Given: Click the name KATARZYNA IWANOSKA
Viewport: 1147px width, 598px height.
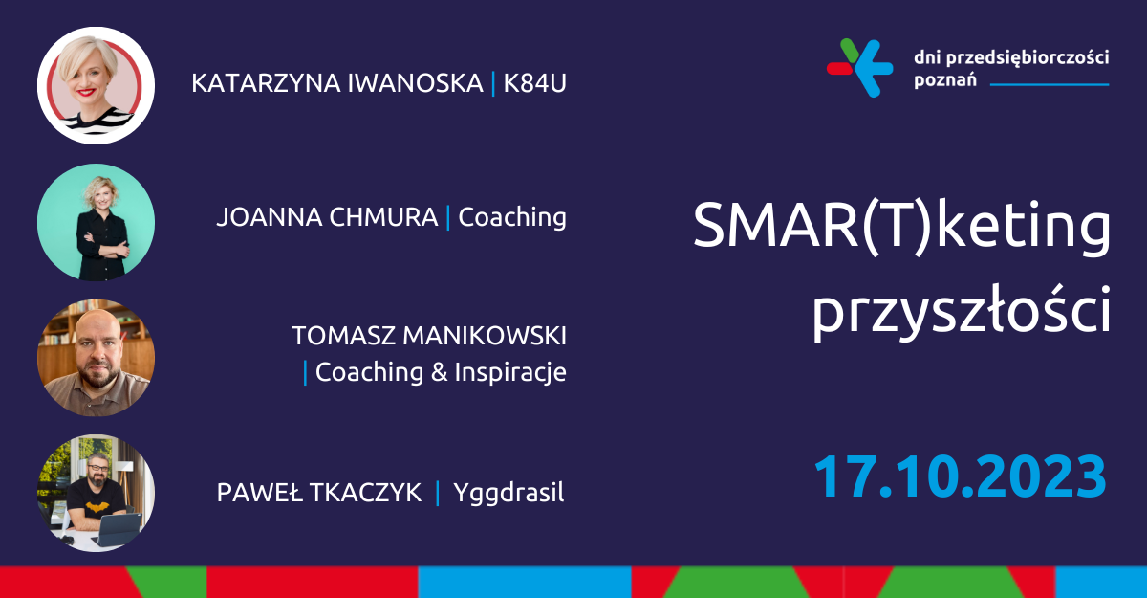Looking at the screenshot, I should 336,83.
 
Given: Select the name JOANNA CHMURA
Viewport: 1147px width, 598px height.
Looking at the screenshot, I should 328,217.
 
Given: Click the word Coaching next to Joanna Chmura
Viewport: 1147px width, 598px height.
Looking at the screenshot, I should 512,217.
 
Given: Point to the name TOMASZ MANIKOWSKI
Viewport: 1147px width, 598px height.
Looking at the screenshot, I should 429,336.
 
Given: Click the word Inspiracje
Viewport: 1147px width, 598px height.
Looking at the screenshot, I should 510,371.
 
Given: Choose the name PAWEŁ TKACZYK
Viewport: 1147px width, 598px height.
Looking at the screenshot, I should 319,493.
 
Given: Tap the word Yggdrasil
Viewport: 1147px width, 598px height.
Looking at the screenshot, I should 509,494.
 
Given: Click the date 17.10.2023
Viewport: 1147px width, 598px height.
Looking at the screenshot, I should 960,477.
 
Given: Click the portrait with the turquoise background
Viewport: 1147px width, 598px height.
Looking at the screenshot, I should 96,222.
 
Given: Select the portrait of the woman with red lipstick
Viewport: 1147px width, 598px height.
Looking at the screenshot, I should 96,85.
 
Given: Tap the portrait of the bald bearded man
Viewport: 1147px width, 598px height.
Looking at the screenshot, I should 96,358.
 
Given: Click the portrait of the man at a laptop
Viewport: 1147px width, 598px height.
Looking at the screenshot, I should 96,494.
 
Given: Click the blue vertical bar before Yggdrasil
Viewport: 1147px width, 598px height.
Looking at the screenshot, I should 438,493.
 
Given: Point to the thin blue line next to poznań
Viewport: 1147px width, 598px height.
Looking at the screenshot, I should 1050,84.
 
